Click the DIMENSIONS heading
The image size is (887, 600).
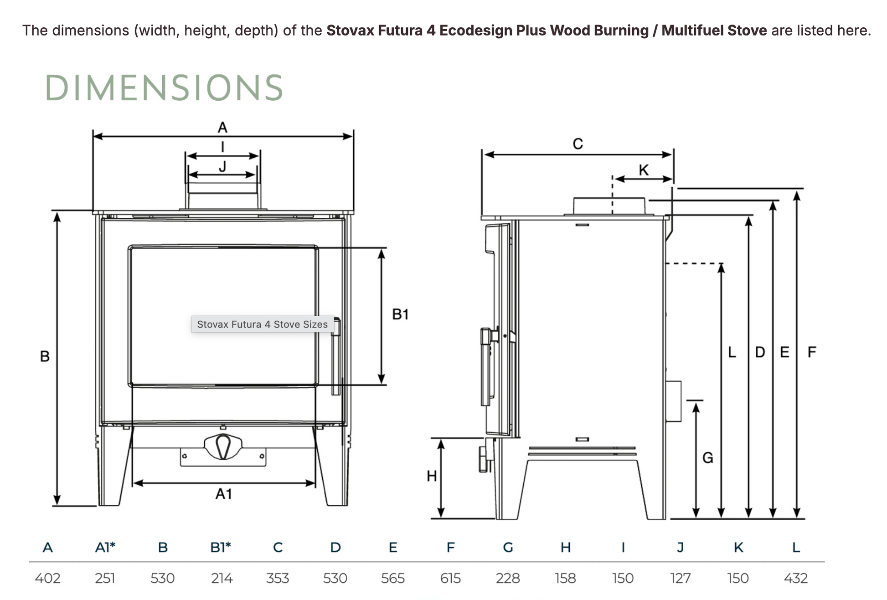(x=164, y=87)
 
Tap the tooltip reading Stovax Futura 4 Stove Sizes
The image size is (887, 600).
(x=262, y=324)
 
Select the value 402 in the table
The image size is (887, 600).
(x=47, y=578)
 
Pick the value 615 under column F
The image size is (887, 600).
(x=450, y=578)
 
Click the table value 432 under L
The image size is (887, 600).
(x=795, y=578)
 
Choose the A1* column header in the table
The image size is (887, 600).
(x=105, y=547)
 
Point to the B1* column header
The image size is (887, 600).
(x=221, y=547)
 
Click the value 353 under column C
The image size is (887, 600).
(x=278, y=578)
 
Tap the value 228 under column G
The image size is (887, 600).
(x=508, y=578)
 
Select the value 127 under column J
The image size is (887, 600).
(x=680, y=578)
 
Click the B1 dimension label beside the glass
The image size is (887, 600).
(x=400, y=314)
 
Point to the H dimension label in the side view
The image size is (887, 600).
(x=432, y=476)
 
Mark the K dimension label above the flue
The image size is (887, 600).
(x=644, y=170)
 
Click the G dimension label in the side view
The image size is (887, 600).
(x=707, y=457)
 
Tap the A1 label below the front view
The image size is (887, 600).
(x=224, y=494)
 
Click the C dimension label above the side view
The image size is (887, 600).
(x=578, y=144)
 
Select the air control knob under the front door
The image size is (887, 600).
(x=223, y=447)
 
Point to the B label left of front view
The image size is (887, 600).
(x=45, y=356)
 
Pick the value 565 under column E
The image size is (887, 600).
(x=392, y=578)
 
